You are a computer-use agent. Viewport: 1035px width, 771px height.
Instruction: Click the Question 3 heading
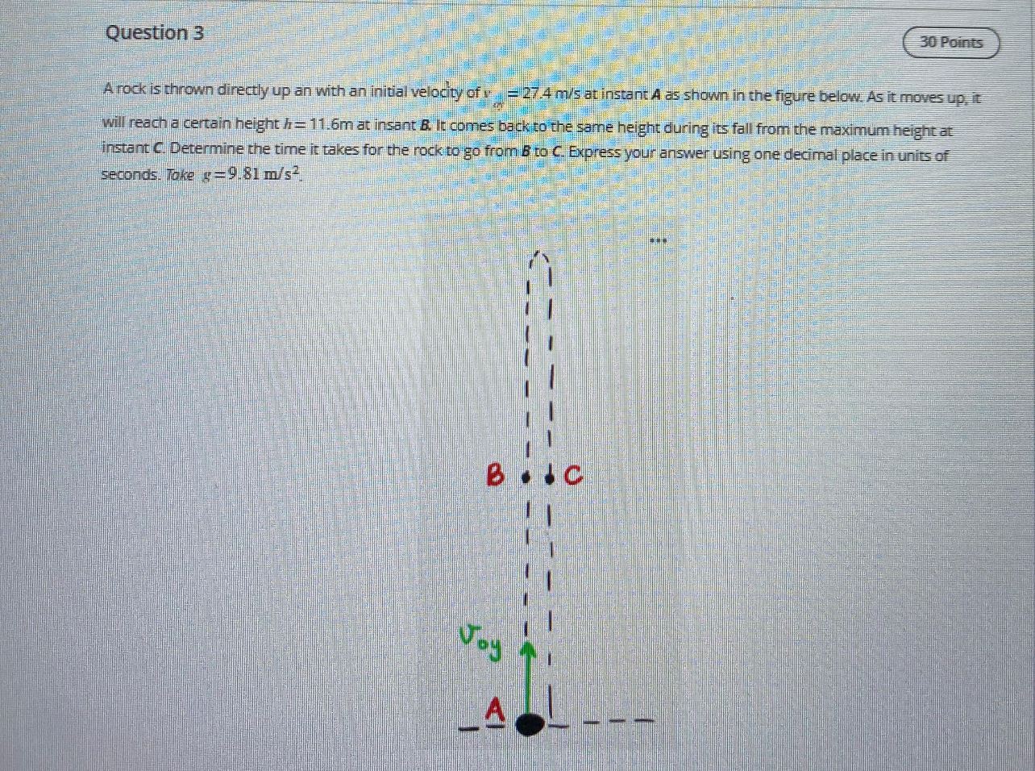pyautogui.click(x=154, y=33)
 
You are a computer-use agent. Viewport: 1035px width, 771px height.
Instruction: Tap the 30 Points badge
pyautogui.click(x=951, y=43)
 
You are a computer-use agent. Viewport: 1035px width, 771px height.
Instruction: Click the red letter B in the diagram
pyautogui.click(x=495, y=476)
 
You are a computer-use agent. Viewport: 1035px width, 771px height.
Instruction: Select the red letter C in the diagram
pyautogui.click(x=572, y=477)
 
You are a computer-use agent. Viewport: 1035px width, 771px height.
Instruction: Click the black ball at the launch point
pyautogui.click(x=529, y=723)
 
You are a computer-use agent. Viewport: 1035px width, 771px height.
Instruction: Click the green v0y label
pyautogui.click(x=480, y=640)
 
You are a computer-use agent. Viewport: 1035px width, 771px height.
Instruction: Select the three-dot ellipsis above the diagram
pyautogui.click(x=659, y=240)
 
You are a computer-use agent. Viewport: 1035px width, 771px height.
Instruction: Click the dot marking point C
pyautogui.click(x=551, y=477)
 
